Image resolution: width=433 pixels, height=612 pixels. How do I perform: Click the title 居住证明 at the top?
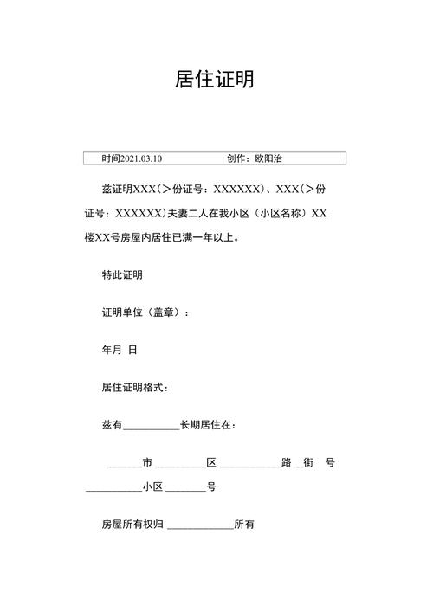[x=215, y=80]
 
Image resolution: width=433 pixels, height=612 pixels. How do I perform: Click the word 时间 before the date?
[x=111, y=158]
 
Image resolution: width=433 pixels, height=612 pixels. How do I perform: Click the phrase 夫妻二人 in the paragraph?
[x=186, y=212]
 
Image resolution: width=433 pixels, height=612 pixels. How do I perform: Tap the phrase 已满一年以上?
[x=210, y=235]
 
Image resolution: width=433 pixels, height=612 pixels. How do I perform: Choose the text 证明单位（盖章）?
[x=142, y=312]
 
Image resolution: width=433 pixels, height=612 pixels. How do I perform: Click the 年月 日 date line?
[x=120, y=350]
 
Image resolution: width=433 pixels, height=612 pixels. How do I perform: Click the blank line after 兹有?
[x=151, y=426]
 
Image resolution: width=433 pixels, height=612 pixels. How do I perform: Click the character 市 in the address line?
[x=147, y=463]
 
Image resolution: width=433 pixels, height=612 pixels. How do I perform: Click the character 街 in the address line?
[x=310, y=463]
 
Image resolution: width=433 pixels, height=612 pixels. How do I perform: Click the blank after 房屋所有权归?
[x=200, y=526]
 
